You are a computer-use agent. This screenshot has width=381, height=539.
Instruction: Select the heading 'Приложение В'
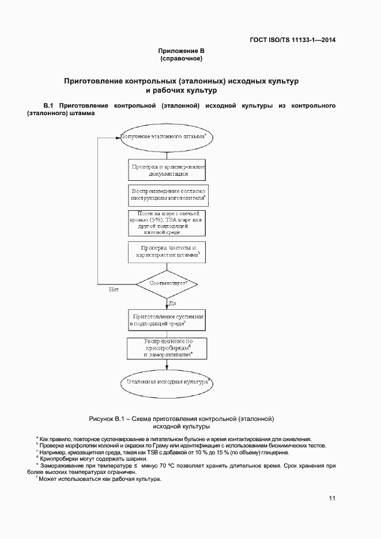coord(181,51)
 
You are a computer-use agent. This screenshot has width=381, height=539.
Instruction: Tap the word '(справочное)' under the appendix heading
coord(181,59)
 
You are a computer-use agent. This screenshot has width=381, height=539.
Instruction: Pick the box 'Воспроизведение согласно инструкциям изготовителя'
coord(167,194)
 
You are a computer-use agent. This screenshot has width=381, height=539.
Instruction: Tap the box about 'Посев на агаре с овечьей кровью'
coord(167,223)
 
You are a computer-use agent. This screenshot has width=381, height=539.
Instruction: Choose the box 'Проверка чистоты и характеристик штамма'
coord(167,251)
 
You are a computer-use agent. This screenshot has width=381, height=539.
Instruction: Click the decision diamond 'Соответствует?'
coord(167,284)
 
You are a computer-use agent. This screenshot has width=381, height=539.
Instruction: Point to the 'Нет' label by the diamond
coord(114,290)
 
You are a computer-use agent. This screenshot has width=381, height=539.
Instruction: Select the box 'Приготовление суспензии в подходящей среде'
coord(167,321)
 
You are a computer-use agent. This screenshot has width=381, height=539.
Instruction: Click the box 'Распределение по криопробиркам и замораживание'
coord(167,349)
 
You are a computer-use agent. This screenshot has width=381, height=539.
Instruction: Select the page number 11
coord(332,498)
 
